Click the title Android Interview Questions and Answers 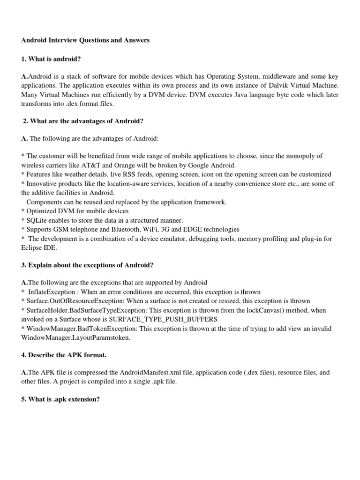(85, 40)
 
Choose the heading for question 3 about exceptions (87, 265)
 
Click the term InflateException (52, 292)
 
